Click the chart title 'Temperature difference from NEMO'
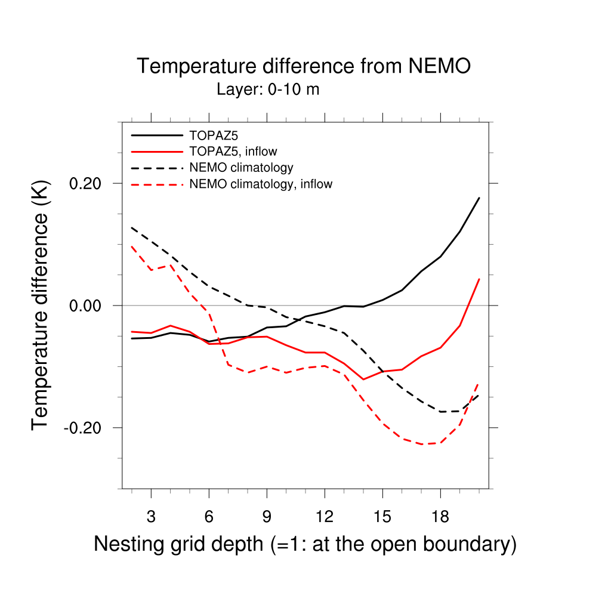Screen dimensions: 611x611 click(x=304, y=66)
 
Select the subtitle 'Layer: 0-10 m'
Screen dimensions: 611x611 click(x=268, y=90)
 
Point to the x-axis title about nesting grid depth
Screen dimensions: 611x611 click(x=305, y=544)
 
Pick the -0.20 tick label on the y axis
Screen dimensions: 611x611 click(x=85, y=428)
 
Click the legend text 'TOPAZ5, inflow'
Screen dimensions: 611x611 click(x=233, y=152)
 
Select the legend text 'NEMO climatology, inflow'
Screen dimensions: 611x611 click(x=260, y=184)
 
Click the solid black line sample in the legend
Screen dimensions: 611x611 click(x=156, y=135)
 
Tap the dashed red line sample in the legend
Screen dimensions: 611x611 click(x=156, y=184)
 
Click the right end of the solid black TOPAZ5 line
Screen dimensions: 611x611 click(x=479, y=198)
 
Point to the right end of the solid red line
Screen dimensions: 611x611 click(x=479, y=279)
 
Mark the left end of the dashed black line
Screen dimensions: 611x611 click(x=132, y=227)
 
